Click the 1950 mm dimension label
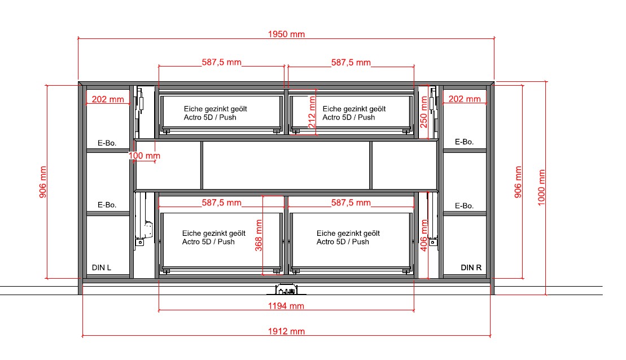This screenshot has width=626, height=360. tap(286, 34)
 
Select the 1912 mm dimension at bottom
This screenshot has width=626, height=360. tap(286, 331)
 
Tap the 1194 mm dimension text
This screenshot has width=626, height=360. tap(286, 306)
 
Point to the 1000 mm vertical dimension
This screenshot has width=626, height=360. tap(541, 187)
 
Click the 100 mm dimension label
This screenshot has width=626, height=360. tap(144, 156)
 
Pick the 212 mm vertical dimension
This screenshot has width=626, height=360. tap(312, 112)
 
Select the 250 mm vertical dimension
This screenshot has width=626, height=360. tap(423, 112)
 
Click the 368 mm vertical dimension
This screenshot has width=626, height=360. tap(259, 235)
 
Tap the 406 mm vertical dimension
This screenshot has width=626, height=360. tap(423, 235)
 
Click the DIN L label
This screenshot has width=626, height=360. tap(102, 267)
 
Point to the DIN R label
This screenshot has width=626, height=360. tap(471, 267)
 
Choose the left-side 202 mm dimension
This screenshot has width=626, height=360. tap(108, 99)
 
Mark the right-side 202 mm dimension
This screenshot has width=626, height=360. tap(465, 99)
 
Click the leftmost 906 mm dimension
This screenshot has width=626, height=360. tap(43, 182)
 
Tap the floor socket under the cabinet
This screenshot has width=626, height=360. tap(286, 289)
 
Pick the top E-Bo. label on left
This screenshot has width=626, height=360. tap(107, 143)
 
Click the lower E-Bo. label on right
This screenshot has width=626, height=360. tap(465, 206)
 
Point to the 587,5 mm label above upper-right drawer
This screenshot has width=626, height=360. tap(351, 63)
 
